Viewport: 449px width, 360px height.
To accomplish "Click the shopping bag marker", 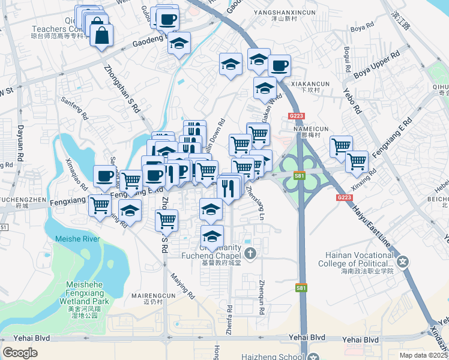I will coord(102,35).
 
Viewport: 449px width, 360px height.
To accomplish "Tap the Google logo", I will coord(20,353).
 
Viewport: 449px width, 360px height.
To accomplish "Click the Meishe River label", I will coord(77,239).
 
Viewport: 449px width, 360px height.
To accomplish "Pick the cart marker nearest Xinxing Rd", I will coord(357,161).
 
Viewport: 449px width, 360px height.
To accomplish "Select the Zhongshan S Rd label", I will coord(122,90).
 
